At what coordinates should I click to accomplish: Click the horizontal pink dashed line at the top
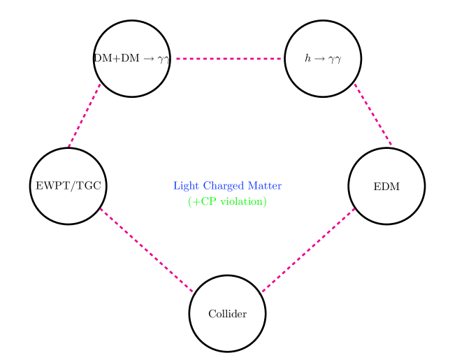pyautogui.click(x=228, y=59)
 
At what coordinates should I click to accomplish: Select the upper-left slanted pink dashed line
pyautogui.click(x=85, y=115)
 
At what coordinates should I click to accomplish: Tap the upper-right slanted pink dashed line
pyautogui.click(x=373, y=115)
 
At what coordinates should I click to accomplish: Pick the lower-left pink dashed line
pyautogui.click(x=147, y=251)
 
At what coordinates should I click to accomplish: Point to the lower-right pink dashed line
pyautogui.click(x=307, y=251)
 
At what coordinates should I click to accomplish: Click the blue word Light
pyautogui.click(x=186, y=186)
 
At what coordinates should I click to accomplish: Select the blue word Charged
pyautogui.click(x=224, y=186)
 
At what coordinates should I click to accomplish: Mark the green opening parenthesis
pyautogui.click(x=190, y=201)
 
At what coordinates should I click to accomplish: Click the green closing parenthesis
pyautogui.click(x=265, y=201)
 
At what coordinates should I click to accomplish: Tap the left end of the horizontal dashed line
pyautogui.click(x=177, y=59)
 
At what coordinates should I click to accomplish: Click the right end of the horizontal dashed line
pyautogui.click(x=280, y=59)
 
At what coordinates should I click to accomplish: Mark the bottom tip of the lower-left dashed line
pyautogui.click(x=195, y=294)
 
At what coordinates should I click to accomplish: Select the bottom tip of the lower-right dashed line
pyautogui.click(x=261, y=294)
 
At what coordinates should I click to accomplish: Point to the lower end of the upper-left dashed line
pyautogui.click(x=69, y=146)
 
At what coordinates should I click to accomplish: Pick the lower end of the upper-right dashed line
pyautogui.click(x=392, y=146)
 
